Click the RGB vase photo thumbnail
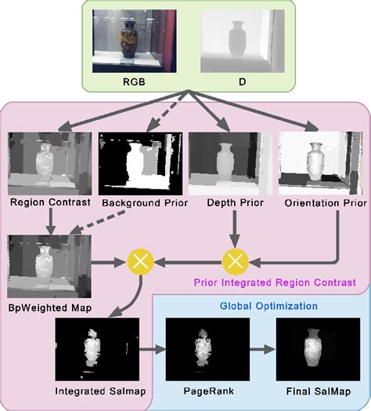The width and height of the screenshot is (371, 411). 130,37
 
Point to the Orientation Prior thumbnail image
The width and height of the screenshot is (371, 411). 317,163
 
